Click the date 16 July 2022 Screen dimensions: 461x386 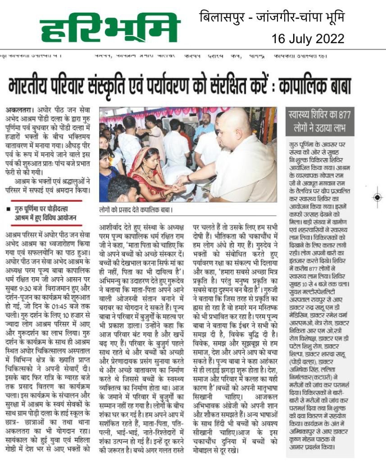point(308,39)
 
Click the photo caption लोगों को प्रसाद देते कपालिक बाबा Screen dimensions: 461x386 point(136,210)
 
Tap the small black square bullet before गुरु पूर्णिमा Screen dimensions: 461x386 point(9,208)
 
